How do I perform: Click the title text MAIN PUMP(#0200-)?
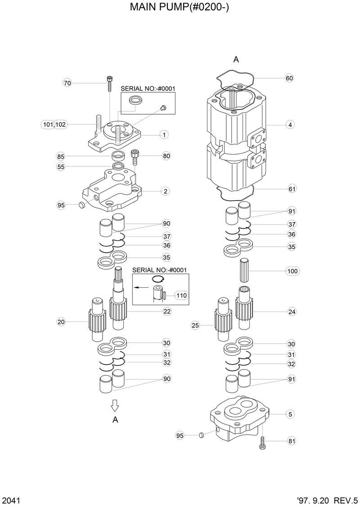coord(180,8)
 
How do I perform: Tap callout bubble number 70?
coord(67,83)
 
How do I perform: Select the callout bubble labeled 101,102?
coord(54,125)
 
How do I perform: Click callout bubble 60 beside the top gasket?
coord(289,78)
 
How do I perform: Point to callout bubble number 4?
coord(291,125)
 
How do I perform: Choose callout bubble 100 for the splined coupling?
coord(292,271)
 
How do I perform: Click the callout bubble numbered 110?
coord(181,295)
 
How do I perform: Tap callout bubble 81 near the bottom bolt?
coord(292,441)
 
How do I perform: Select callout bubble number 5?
coord(291,414)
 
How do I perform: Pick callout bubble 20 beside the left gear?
coord(61,321)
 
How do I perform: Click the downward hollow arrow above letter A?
coord(115,405)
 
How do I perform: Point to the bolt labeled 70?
coord(110,84)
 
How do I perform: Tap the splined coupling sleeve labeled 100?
coord(247,271)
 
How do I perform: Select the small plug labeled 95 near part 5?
coord(201,435)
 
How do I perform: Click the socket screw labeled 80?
coord(134,157)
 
